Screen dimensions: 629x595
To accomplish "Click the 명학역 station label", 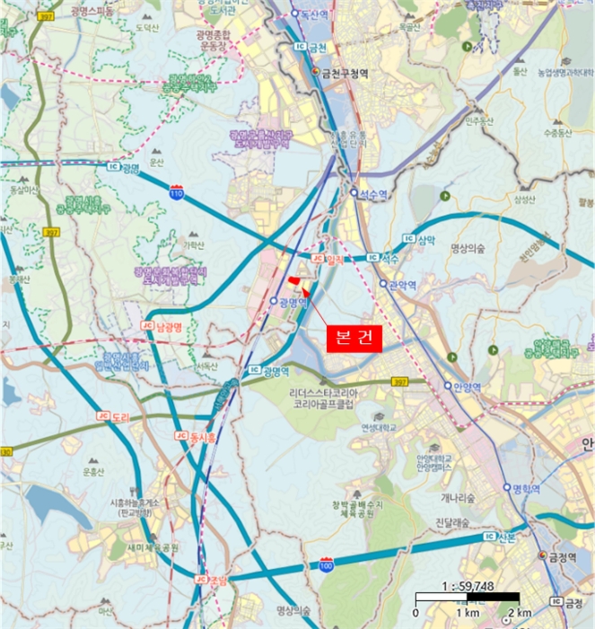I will tap(524, 489).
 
